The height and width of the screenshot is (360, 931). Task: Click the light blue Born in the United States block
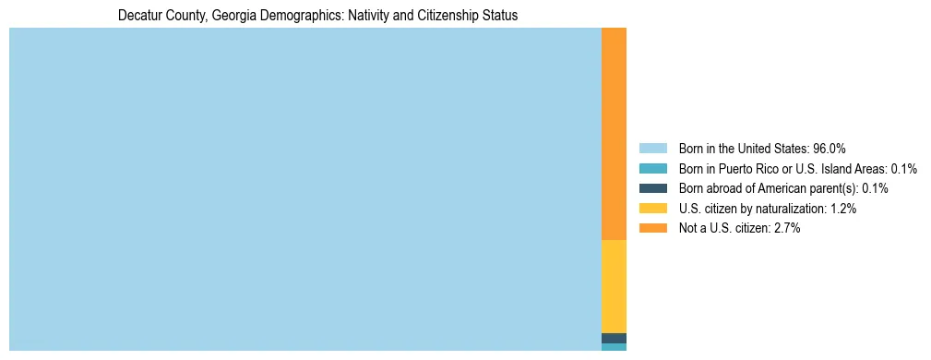pyautogui.click(x=304, y=189)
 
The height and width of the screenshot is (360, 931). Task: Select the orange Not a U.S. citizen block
pyautogui.click(x=614, y=134)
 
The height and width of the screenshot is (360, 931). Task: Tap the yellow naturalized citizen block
pyautogui.click(x=614, y=286)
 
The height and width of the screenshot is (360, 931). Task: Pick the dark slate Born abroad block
pyautogui.click(x=614, y=338)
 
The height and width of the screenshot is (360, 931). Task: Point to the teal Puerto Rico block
pyautogui.click(x=614, y=347)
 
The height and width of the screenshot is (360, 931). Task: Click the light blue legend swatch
pyautogui.click(x=652, y=149)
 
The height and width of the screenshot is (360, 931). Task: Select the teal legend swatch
pyautogui.click(x=652, y=169)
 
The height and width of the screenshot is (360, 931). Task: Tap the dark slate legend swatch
pyautogui.click(x=652, y=188)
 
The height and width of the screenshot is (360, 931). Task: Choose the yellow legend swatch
pyautogui.click(x=652, y=209)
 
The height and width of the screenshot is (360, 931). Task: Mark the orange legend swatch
pyautogui.click(x=652, y=228)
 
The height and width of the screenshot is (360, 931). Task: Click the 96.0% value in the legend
pyautogui.click(x=829, y=149)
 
